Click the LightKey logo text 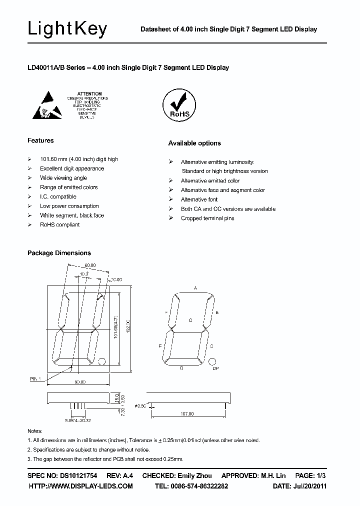(67, 29)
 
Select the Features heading (40, 140)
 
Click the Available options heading (194, 143)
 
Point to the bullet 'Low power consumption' (69, 206)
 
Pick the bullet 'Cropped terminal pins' (207, 218)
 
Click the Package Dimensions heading (59, 253)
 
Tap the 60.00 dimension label (90, 265)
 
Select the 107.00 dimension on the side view (187, 414)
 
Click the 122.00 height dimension (127, 328)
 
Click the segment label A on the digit (195, 288)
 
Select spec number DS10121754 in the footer (75, 475)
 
